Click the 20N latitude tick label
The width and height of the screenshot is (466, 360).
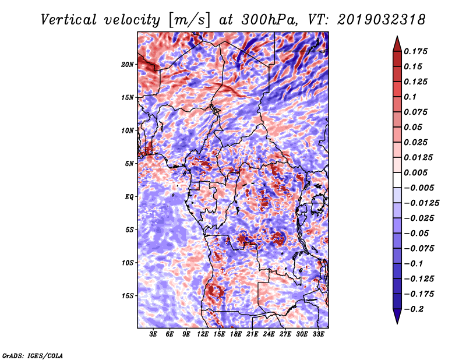coord(127,65)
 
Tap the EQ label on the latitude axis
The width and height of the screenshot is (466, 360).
coord(129,197)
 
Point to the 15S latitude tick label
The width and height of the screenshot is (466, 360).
coord(127,296)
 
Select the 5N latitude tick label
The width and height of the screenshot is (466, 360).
coord(129,164)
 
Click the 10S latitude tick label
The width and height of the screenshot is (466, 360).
coord(127,263)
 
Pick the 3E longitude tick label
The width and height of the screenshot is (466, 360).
coord(153,334)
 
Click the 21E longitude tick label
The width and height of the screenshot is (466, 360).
coord(252,334)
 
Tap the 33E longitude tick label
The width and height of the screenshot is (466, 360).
coord(318,334)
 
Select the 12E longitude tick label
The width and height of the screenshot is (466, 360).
coord(203,334)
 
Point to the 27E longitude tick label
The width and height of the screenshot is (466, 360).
coord(285,334)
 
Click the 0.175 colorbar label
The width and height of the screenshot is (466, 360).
coord(415,51)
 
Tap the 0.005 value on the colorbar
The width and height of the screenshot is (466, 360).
coord(415,172)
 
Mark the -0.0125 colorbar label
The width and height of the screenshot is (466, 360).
coord(421,203)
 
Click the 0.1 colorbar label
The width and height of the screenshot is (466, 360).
coord(410,97)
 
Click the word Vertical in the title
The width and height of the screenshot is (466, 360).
coord(69,20)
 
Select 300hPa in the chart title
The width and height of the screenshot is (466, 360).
coord(269,20)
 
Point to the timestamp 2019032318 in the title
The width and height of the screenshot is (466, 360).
coord(382,20)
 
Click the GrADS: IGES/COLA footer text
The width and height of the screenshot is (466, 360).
coord(33,356)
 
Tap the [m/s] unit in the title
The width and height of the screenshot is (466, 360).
coord(189,20)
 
